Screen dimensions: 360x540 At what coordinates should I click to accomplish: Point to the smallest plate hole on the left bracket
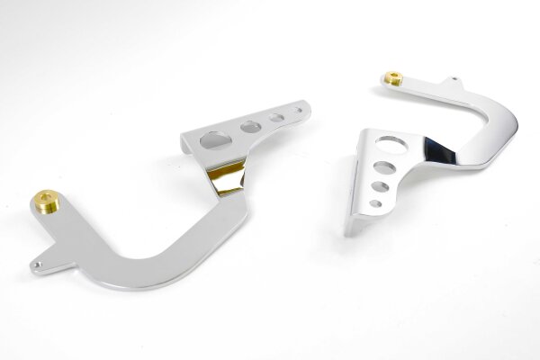click(294, 112)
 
